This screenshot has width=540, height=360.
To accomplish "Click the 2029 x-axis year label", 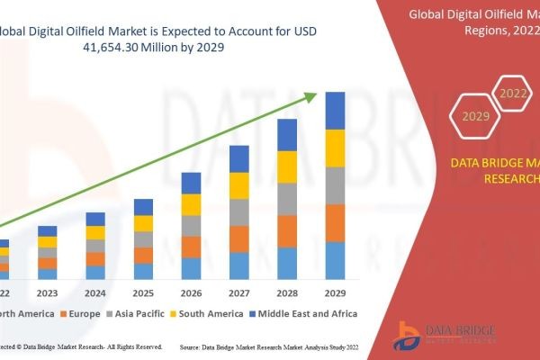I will [x=335, y=292].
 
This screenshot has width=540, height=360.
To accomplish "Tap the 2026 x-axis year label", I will [x=191, y=292].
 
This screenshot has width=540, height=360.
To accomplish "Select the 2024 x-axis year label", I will [x=95, y=292].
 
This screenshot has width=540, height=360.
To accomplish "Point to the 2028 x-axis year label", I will [x=287, y=292].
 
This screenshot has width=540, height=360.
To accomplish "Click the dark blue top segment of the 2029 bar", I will [x=335, y=111].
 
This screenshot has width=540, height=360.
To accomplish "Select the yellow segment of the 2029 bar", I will [x=335, y=148].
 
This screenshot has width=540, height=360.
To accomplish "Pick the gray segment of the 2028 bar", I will [x=287, y=199].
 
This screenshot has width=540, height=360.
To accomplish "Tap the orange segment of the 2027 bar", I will [x=239, y=238].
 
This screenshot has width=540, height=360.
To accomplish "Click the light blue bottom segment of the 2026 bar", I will [x=191, y=268].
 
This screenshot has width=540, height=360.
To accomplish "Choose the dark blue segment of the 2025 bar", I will [x=143, y=207].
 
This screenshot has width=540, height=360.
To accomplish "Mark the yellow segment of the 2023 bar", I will [x=47, y=242].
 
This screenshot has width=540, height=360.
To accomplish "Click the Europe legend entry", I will [x=80, y=313].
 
